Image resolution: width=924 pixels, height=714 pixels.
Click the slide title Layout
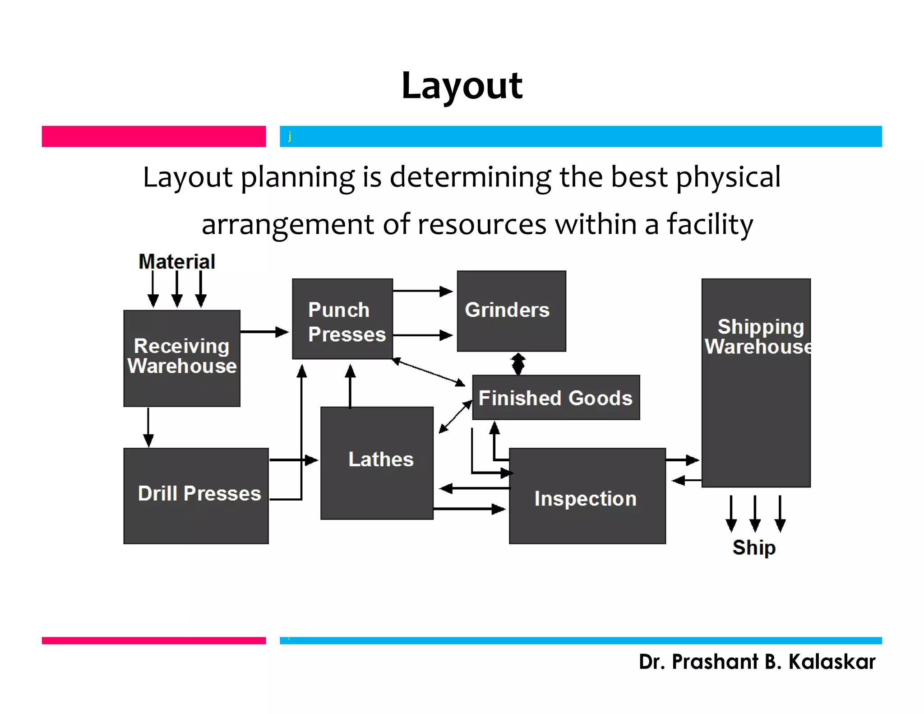coord(462,85)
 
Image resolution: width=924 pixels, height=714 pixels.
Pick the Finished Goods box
coord(555,398)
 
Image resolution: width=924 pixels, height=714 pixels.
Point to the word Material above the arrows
coord(177,262)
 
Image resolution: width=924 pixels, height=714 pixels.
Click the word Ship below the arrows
coord(754,547)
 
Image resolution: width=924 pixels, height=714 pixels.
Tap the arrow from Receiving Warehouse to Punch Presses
coord(264,332)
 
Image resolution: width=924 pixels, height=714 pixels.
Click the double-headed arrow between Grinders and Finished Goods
coord(518,364)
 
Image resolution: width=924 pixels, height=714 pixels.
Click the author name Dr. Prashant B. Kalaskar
coord(757,662)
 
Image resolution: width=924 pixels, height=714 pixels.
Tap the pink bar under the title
coord(153,136)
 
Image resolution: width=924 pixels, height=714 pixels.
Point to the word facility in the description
coord(710,224)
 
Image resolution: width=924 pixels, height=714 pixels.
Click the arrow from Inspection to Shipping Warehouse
coord(682,460)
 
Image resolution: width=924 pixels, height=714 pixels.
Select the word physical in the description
coord(728,177)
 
